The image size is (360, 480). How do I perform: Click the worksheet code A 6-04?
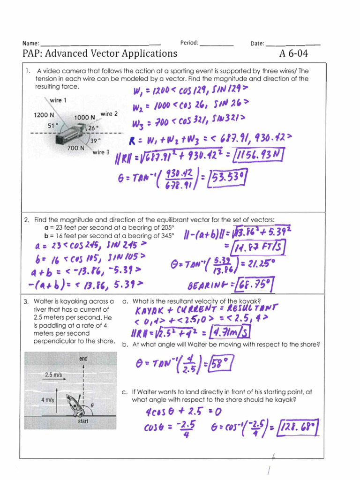pos(293,53)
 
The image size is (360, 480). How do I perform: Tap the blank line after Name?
pos(100,44)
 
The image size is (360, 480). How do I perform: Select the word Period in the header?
pos(189,43)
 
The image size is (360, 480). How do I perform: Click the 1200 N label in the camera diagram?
pos(44,115)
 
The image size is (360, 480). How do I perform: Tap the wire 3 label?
pos(101,152)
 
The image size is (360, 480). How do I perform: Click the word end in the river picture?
pos(83,359)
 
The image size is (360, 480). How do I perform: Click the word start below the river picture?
pos(83,421)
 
